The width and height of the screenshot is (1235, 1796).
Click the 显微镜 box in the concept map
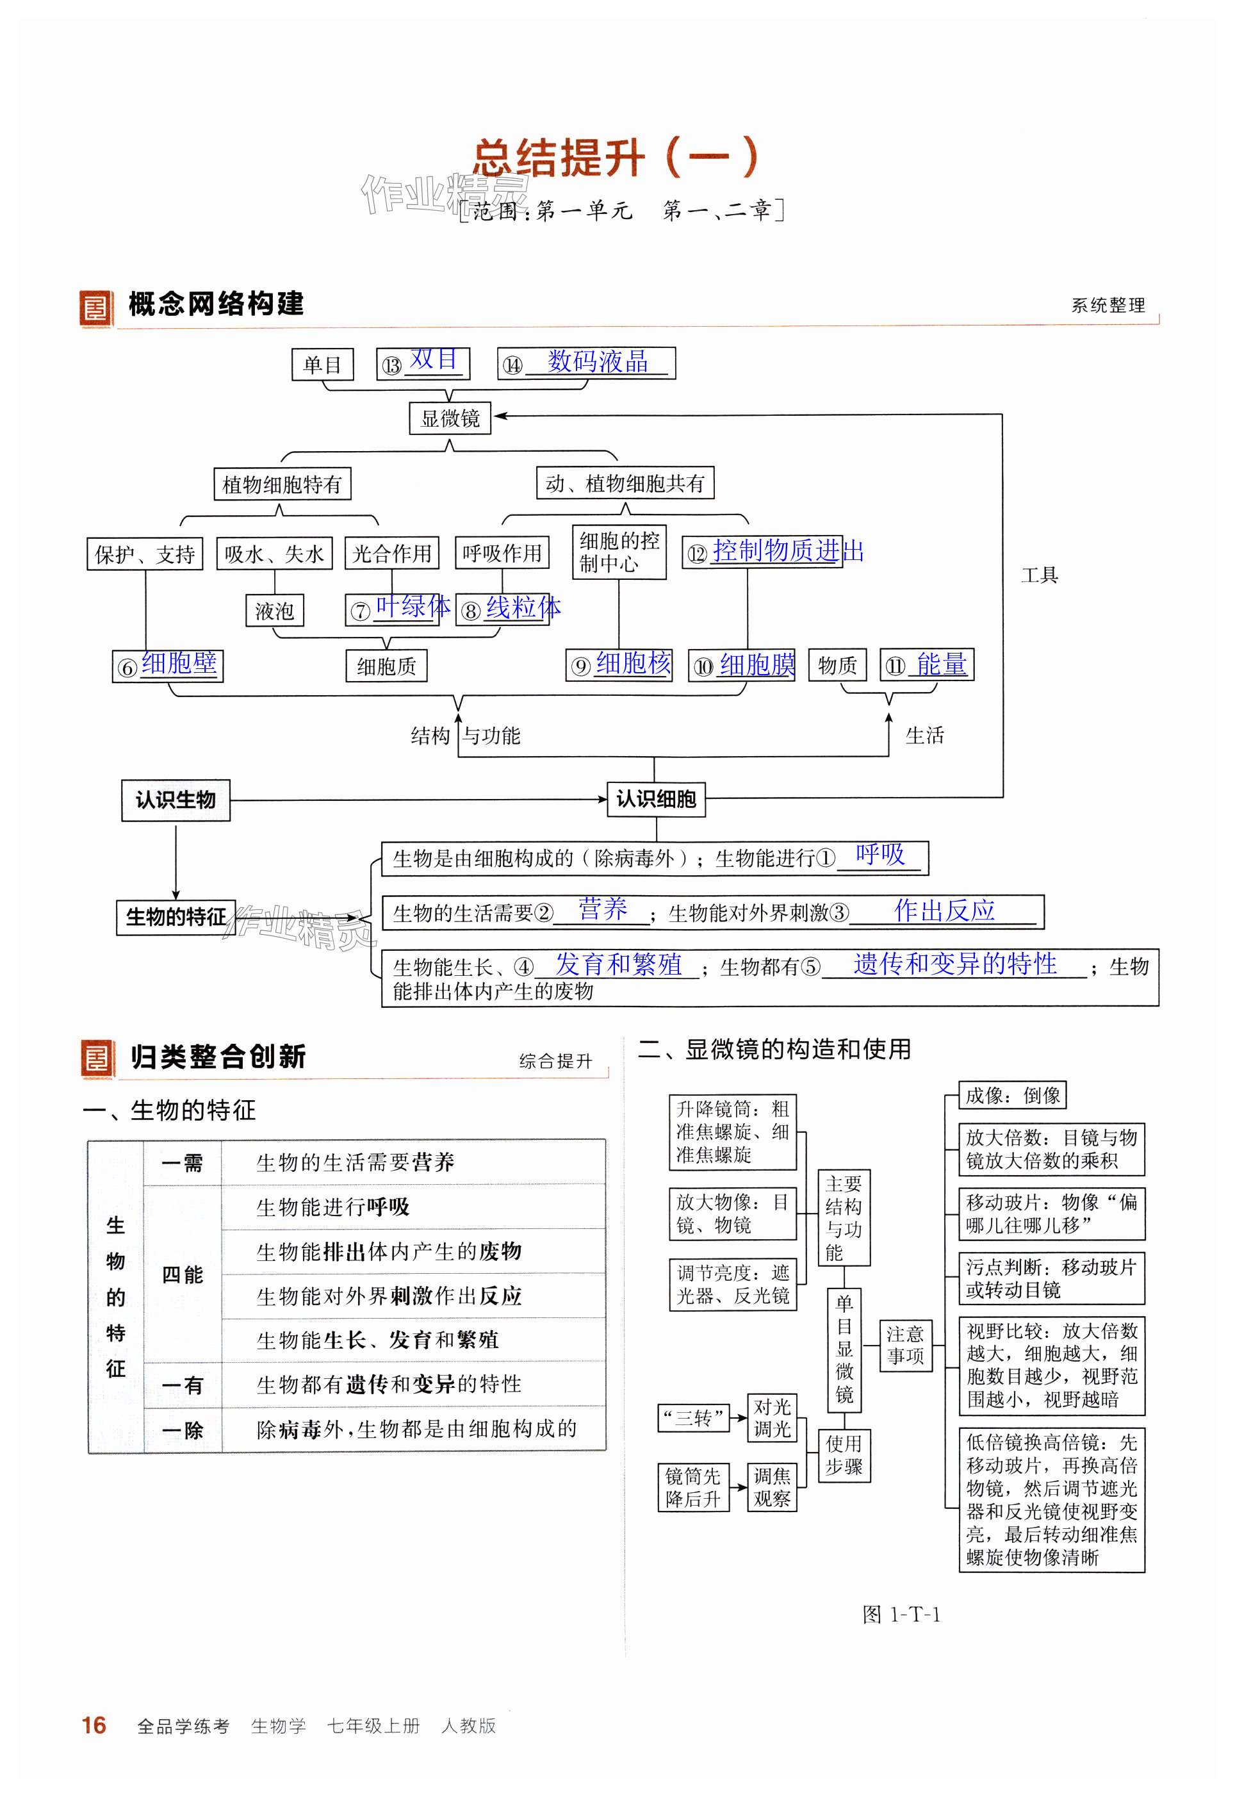point(450,418)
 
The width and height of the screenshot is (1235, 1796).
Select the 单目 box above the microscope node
point(322,365)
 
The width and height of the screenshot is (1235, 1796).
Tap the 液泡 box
point(275,611)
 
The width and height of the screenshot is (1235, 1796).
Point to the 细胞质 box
point(386,666)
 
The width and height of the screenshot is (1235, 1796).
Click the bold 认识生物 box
point(176,800)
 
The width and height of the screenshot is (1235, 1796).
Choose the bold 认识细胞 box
point(656,800)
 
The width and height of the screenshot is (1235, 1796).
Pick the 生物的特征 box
point(176,917)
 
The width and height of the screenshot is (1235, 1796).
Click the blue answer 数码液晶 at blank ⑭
point(598,361)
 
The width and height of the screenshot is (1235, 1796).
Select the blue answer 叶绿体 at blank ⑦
point(413,606)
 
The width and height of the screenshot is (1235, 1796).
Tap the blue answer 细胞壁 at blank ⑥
point(179,663)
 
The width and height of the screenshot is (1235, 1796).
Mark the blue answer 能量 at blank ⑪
point(941,664)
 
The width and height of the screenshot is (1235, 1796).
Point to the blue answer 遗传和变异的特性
point(955,964)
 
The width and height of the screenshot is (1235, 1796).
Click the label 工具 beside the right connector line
point(1039,575)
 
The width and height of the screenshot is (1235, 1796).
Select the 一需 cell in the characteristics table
point(182,1162)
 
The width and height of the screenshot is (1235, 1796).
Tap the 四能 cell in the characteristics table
point(182,1274)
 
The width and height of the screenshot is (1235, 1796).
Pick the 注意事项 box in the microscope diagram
point(905,1345)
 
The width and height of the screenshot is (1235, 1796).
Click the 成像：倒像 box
point(1012,1095)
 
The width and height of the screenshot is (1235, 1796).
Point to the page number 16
point(94,1725)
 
